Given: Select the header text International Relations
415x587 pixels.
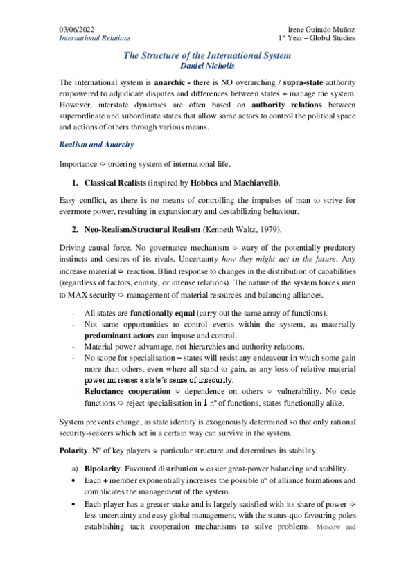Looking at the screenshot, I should click(x=94, y=38).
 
